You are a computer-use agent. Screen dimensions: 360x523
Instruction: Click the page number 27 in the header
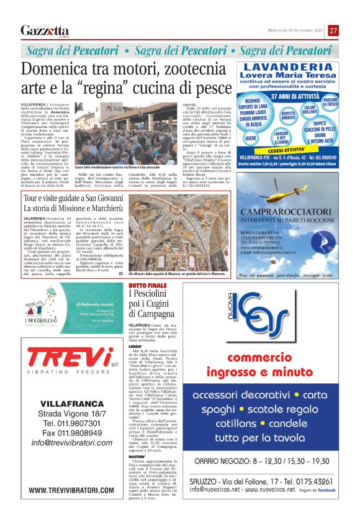point(333,30)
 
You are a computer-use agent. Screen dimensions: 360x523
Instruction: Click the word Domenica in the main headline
point(58,69)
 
